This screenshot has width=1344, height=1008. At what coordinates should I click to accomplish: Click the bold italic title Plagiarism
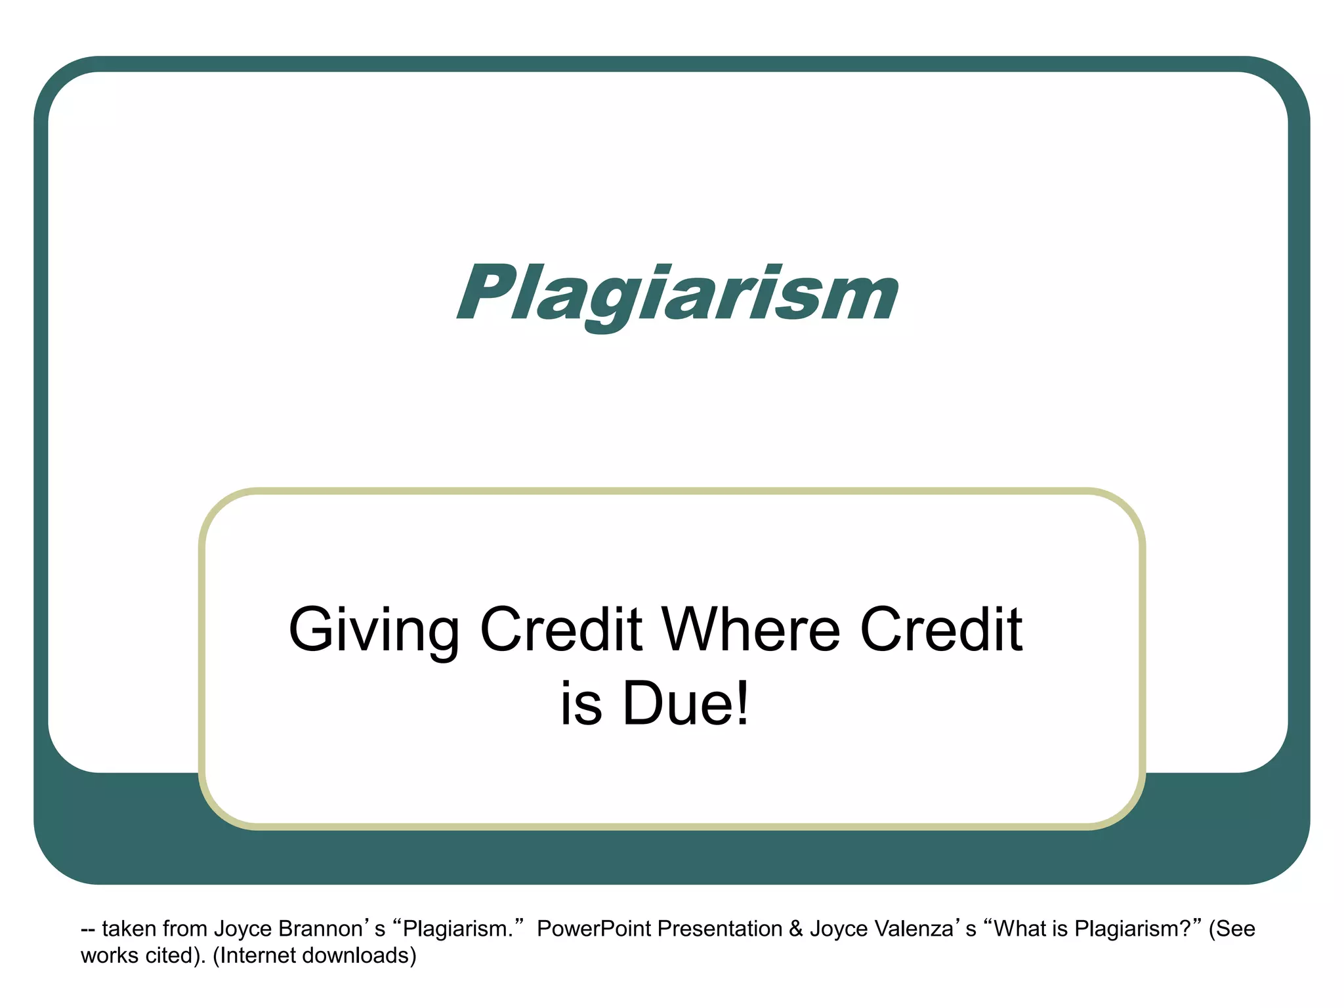pos(677,293)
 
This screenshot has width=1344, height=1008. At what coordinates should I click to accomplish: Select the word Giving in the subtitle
pos(373,630)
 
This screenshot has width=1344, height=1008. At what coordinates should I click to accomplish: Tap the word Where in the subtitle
pos(751,630)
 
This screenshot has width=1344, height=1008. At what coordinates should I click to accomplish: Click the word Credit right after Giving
pos(561,630)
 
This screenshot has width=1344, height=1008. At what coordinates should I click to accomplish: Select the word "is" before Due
pos(581,703)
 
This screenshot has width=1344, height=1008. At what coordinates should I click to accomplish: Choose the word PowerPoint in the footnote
pos(595,929)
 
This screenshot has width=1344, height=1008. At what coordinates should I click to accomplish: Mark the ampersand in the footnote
pos(796,929)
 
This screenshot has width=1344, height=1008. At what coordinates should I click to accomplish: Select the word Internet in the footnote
pos(258,955)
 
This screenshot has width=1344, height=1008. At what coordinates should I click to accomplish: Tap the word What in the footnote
pos(1020,929)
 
